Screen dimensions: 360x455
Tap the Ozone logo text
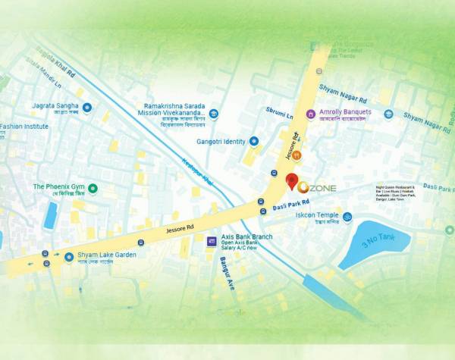pyautogui.click(x=318, y=187)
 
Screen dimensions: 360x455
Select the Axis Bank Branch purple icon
pyautogui.click(x=212, y=242)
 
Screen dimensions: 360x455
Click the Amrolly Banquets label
pyautogui.click(x=345, y=112)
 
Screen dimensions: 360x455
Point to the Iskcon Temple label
pyautogui.click(x=317, y=215)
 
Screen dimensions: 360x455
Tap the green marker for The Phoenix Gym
pyautogui.click(x=93, y=188)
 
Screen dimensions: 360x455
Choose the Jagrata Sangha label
pyautogui.click(x=57, y=106)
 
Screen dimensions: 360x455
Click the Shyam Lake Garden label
pyautogui.click(x=107, y=255)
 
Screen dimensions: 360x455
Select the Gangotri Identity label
pyautogui.click(x=220, y=141)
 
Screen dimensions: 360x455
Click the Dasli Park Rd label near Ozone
pyautogui.click(x=290, y=205)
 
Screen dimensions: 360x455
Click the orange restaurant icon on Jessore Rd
pyautogui.click(x=297, y=155)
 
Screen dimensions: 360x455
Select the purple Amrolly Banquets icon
pyautogui.click(x=309, y=113)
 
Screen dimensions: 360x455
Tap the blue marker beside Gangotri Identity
pyautogui.click(x=254, y=141)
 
